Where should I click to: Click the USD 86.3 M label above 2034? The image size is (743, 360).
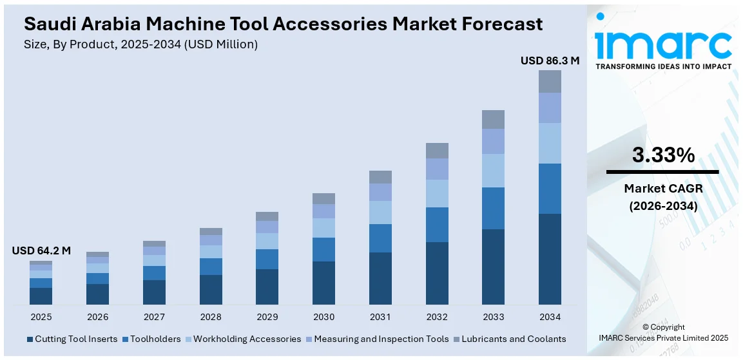(550, 61)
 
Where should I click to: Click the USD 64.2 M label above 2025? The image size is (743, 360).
(41, 251)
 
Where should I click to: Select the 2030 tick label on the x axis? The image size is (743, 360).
(323, 317)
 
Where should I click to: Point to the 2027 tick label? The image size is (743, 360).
(154, 317)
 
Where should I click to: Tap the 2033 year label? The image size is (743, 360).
(493, 317)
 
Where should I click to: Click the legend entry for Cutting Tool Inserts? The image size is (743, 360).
(72, 339)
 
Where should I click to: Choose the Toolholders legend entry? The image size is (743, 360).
(151, 339)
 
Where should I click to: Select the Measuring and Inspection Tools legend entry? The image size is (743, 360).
(377, 339)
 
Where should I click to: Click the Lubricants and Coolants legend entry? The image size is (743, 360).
(510, 339)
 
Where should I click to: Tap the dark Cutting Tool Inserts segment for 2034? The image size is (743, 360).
(550, 259)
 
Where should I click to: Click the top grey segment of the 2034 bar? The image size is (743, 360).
(550, 81)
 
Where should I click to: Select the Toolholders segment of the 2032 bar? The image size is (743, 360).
(437, 225)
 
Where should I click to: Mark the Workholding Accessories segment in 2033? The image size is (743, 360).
(493, 171)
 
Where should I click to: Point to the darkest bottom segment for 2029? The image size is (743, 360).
(267, 287)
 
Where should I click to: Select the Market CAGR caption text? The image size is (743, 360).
(662, 189)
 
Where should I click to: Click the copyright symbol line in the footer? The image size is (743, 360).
(663, 327)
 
